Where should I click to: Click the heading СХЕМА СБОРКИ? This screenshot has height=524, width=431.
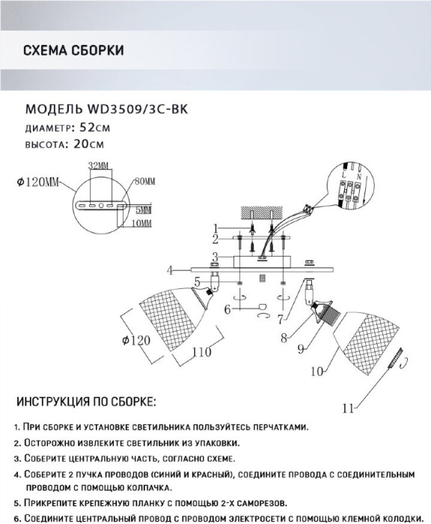73,50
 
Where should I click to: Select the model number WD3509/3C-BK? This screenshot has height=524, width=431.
137,109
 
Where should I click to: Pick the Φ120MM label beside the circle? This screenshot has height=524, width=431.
37,182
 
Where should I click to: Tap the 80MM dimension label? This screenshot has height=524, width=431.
145,182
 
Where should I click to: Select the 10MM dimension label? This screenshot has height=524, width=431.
141,223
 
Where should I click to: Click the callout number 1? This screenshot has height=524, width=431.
215,228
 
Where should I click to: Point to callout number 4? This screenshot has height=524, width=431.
171,270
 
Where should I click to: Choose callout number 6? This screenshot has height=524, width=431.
227,310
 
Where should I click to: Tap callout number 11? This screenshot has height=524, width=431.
348,409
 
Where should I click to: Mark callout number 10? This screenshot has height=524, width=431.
317,371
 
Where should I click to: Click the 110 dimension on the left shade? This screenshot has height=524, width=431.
202,352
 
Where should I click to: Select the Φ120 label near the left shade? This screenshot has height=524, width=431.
136,341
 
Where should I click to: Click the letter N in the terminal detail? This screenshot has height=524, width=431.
358,175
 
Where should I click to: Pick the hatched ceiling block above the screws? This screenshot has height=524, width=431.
262,213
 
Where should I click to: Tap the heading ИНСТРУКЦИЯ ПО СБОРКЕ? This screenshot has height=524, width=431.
86,402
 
